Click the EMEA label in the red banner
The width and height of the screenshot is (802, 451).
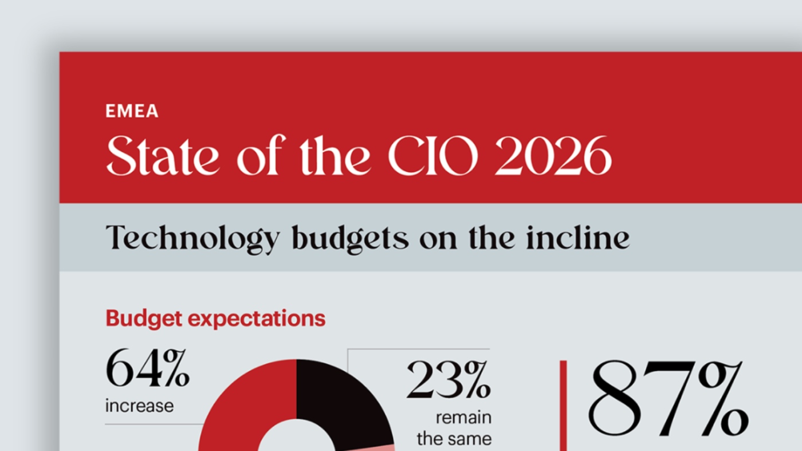point(132,111)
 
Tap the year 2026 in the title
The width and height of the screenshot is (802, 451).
point(553,156)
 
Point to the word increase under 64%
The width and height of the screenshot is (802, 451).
point(139,406)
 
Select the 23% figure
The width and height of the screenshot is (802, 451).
point(449,381)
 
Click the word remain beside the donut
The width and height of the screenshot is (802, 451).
point(463,417)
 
